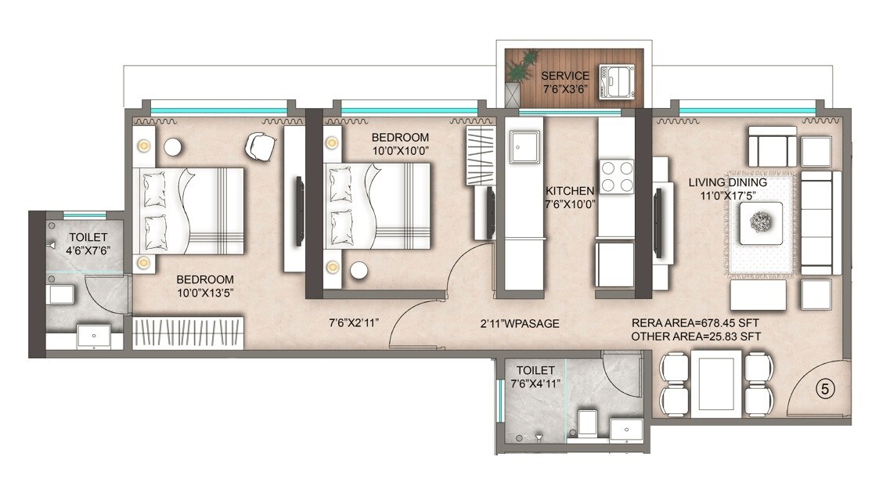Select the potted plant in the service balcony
click(x=521, y=68)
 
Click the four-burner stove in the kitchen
click(x=616, y=176)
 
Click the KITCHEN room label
click(x=570, y=190)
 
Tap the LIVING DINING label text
click(x=727, y=182)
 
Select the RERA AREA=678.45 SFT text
click(x=695, y=322)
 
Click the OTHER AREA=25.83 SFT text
click(x=695, y=336)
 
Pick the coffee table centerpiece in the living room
click(x=759, y=221)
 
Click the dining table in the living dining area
click(x=715, y=381)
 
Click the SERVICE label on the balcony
click(x=565, y=76)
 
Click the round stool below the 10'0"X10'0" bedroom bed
click(x=359, y=271)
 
